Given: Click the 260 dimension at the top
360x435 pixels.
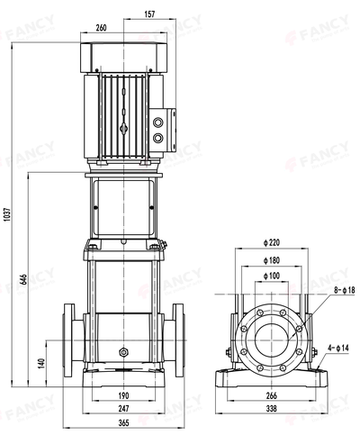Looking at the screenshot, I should coord(101,28).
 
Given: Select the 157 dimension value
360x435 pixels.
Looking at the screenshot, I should coord(148,14).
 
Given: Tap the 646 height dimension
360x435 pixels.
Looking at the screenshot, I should coord(21,282).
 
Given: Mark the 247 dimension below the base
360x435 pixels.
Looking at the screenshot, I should coord(123,408).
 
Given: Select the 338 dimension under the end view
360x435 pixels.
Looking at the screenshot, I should coord(271,408).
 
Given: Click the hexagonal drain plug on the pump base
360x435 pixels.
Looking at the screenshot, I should coord(123,351).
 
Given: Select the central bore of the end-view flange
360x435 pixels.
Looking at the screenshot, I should coord(271,335).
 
